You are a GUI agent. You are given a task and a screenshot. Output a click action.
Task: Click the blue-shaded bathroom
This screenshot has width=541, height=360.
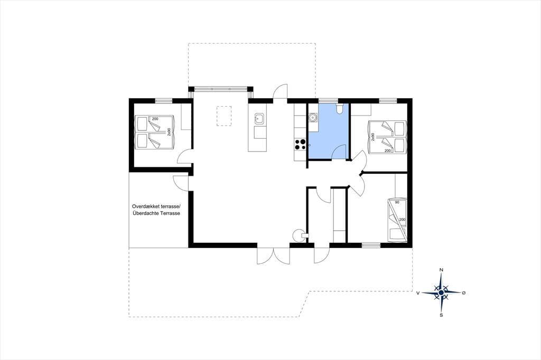329,131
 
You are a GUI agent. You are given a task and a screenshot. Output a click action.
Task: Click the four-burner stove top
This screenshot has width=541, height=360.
300,145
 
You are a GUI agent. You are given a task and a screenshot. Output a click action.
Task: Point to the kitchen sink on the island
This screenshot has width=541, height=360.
259,119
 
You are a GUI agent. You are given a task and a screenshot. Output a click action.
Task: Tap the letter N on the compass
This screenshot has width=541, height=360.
441,270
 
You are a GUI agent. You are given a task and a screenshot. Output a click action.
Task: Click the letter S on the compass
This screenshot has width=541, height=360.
441,315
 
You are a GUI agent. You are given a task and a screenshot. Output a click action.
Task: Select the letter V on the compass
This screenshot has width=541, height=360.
418,293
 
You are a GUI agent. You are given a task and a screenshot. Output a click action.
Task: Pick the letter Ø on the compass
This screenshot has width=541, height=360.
464,293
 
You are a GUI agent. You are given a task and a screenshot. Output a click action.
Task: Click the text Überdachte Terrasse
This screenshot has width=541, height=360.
156,213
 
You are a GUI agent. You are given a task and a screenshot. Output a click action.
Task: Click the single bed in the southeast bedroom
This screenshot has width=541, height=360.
397,220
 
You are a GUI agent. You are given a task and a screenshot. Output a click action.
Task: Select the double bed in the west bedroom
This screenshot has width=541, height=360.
154,132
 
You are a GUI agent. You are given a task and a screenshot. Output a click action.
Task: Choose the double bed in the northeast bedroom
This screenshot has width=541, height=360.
387,137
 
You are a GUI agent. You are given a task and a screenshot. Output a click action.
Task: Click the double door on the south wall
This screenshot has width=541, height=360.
273,255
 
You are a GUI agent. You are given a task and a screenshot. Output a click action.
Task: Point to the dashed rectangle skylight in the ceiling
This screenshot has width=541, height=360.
224,116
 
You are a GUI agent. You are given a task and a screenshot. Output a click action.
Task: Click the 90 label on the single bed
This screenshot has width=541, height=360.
397,202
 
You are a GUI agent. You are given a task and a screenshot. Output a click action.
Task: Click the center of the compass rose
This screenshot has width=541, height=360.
441,293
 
